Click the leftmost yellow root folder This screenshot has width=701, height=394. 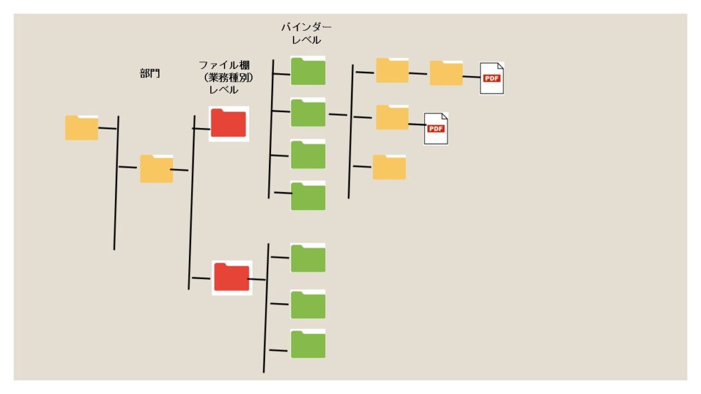coord(81,128)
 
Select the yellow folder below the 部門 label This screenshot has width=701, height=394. coord(156,168)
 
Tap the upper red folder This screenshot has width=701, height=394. coord(229,123)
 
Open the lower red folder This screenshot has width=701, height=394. coord(231,277)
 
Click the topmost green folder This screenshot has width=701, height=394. coord(308,70)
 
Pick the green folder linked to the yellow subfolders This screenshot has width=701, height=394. coord(308,113)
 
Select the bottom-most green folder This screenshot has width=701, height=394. coord(308,343)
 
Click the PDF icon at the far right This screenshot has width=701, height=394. coord(492,77)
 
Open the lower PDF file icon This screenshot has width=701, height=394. coord(436,128)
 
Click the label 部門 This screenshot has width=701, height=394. coord(150,73)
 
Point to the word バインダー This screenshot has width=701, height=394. coord(306,27)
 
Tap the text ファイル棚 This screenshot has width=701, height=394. coord(225,65)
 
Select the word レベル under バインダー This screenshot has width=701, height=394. coord(306,40)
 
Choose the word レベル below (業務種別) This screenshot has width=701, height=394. coord(223,90)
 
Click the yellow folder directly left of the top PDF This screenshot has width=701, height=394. coord(446,73)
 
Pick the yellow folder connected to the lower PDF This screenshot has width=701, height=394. coord(392,117)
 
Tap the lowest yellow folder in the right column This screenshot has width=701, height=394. coord(389,167)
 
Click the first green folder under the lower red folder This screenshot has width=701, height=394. coord(308,258)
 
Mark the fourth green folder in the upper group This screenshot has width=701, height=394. coord(308,196)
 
